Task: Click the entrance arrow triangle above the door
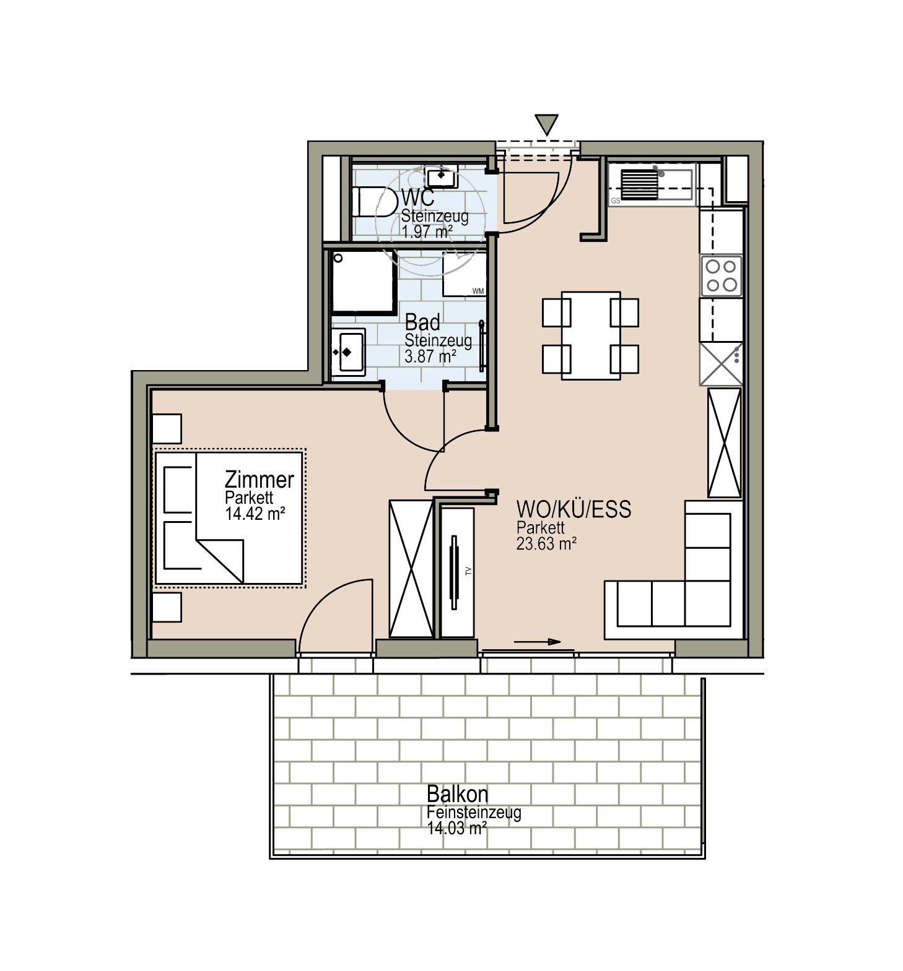[x=546, y=124]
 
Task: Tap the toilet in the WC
[x=374, y=202]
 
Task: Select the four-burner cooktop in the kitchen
[x=722, y=275]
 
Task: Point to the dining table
[x=590, y=335]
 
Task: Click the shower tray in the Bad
[x=364, y=282]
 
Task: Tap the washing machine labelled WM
[x=465, y=274]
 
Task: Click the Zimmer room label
[x=259, y=479]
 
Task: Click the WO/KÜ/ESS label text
[x=574, y=509]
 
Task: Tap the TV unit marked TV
[x=457, y=572]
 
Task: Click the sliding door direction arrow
[x=537, y=642]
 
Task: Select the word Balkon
[x=457, y=793]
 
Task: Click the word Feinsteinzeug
[x=474, y=812]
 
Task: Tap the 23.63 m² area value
[x=546, y=543]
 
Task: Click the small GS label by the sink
[x=615, y=201]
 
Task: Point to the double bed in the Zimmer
[x=229, y=517]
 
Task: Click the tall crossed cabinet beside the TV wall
[x=411, y=569]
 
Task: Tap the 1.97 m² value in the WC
[x=427, y=232]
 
